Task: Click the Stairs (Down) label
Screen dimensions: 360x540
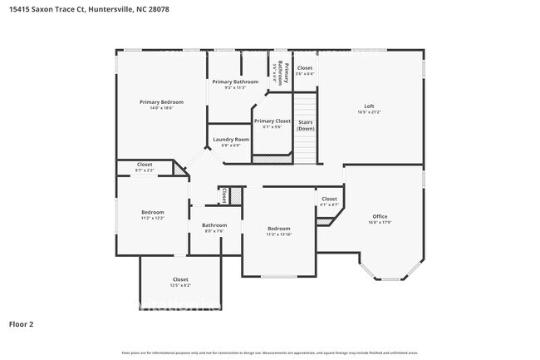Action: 306,125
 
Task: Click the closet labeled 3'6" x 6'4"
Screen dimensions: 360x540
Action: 305,71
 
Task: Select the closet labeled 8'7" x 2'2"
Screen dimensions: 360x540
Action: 145,166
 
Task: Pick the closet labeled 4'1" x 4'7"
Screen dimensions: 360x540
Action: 329,201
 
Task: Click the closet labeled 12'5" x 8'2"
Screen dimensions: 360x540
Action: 180,282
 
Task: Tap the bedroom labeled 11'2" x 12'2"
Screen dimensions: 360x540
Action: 152,215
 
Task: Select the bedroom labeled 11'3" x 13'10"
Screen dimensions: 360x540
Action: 278,230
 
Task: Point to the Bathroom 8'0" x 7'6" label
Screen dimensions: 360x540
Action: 214,228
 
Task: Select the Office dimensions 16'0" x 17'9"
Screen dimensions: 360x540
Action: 380,222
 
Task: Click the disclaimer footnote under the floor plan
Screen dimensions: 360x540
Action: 270,353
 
